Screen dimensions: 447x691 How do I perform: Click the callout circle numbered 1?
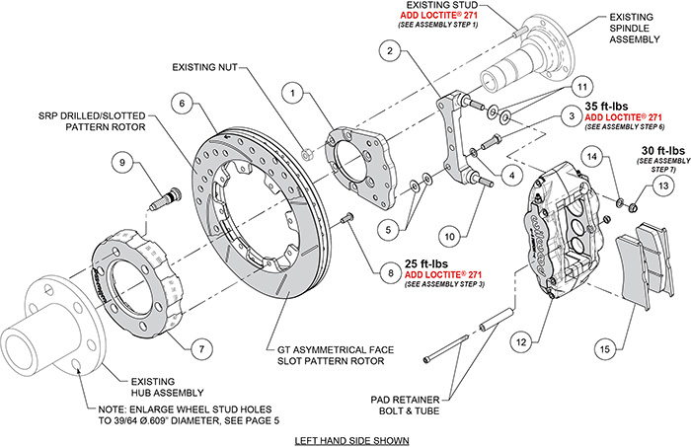pyautogui.click(x=294, y=94)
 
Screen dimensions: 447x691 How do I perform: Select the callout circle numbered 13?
pyautogui.click(x=663, y=185)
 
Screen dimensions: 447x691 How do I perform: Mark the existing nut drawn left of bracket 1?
pyautogui.click(x=309, y=154)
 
